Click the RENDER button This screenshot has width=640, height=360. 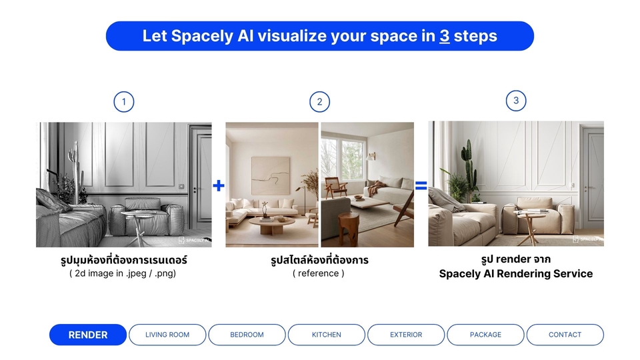(x=88, y=335)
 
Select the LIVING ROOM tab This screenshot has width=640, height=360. (x=167, y=335)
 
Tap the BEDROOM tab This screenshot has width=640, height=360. (x=247, y=335)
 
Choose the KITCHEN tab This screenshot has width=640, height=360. (x=327, y=335)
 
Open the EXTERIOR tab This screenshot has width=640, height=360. (x=406, y=335)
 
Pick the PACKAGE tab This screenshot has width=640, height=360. (x=485, y=335)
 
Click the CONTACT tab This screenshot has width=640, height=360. (x=565, y=335)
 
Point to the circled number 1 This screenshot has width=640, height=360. (x=124, y=101)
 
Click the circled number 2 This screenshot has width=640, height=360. (x=319, y=101)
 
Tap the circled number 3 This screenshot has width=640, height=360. (x=516, y=101)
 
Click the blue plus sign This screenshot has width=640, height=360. (x=219, y=186)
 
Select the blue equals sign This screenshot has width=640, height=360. (x=421, y=186)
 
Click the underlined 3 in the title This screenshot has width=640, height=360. (x=445, y=36)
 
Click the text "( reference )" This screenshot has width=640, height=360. (x=319, y=273)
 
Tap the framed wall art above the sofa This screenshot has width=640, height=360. (x=271, y=175)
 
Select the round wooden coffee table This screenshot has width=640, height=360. (x=272, y=225)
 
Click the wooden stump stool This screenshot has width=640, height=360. (x=348, y=229)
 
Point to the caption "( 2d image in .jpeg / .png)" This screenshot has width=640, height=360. (x=123, y=273)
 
